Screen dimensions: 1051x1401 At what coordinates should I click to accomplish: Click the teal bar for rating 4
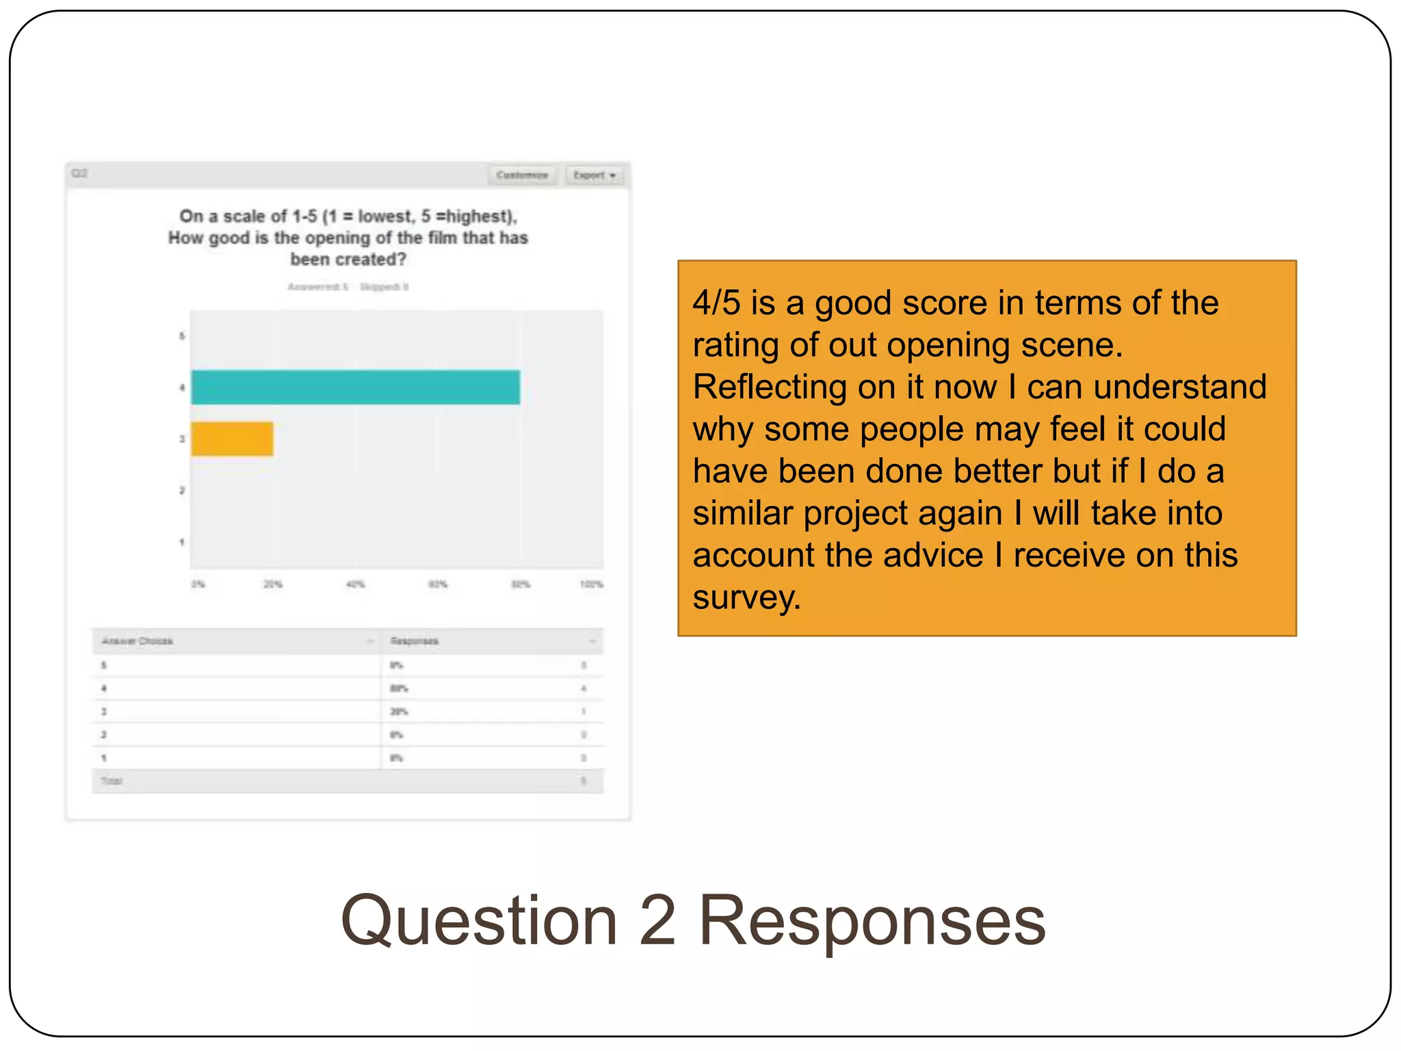click(x=355, y=387)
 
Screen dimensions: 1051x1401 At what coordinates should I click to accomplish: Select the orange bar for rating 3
click(x=232, y=439)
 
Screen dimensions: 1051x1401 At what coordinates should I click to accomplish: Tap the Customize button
click(x=523, y=175)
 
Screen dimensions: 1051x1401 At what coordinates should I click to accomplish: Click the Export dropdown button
click(x=594, y=175)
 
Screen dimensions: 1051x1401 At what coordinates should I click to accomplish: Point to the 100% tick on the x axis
click(x=591, y=584)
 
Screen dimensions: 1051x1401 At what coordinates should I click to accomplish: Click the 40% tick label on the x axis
click(x=356, y=584)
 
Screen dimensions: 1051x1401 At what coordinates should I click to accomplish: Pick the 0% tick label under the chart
click(x=198, y=584)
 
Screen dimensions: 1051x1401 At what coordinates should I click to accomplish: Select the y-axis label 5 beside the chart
click(x=182, y=336)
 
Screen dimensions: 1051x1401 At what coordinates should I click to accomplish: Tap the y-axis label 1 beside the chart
click(x=182, y=542)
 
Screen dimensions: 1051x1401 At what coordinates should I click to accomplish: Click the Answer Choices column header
click(x=138, y=641)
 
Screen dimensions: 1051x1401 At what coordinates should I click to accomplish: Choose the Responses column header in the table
click(x=415, y=641)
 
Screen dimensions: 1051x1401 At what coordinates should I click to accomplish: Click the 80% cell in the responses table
click(x=399, y=688)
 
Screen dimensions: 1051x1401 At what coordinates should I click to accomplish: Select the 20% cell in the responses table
click(x=399, y=712)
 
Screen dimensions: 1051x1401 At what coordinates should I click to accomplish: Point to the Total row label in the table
click(x=112, y=781)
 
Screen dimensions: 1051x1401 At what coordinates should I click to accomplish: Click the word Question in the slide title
click(x=479, y=921)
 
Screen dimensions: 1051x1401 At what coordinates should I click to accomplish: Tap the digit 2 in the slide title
click(x=657, y=921)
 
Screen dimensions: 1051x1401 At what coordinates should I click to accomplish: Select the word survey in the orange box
click(x=746, y=597)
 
